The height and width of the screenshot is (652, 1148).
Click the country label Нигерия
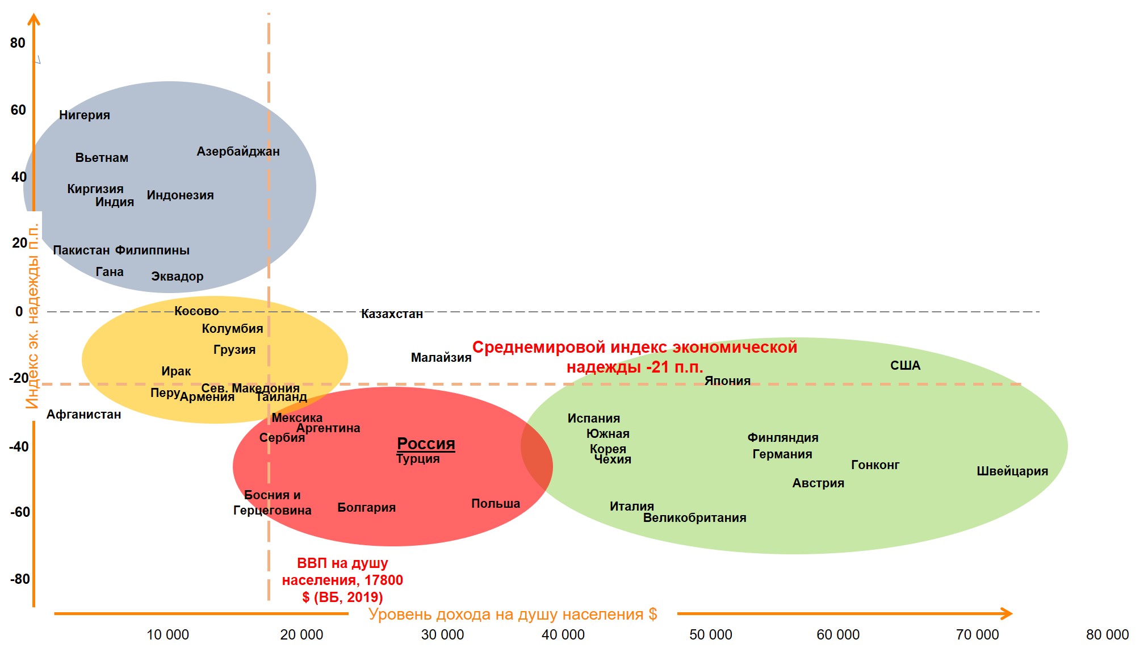click(x=85, y=115)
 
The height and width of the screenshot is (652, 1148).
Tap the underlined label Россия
click(x=426, y=444)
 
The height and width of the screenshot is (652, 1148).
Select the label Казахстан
click(x=392, y=314)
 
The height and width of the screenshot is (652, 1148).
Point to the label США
click(x=905, y=366)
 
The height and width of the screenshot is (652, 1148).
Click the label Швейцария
click(x=1012, y=471)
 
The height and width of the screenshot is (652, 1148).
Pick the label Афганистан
click(x=83, y=415)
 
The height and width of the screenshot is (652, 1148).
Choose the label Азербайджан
click(x=238, y=152)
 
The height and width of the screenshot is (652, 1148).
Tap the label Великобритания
click(x=694, y=518)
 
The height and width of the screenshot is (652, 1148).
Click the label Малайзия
click(x=441, y=358)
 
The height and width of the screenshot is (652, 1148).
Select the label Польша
click(x=495, y=504)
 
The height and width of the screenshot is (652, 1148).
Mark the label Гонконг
click(x=875, y=465)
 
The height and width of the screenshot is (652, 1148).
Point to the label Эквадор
click(x=177, y=277)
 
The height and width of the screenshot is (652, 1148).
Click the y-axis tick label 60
click(x=18, y=110)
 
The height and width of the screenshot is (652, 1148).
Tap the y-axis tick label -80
click(x=20, y=579)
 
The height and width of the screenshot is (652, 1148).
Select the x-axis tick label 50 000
click(x=710, y=635)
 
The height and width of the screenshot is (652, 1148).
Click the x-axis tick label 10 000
click(x=167, y=635)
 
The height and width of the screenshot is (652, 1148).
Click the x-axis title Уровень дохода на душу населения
click(x=512, y=615)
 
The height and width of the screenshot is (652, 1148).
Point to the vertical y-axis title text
click(x=32, y=316)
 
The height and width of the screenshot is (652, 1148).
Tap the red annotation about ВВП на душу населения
click(x=342, y=580)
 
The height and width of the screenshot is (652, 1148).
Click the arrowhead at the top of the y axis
click(x=34, y=20)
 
